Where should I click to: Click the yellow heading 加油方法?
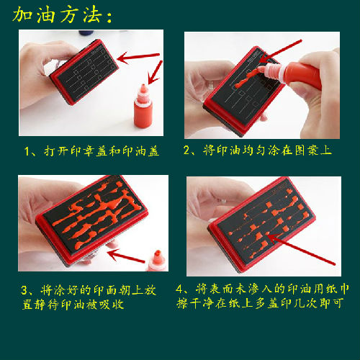click(58, 15)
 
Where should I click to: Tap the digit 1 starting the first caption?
click(27, 151)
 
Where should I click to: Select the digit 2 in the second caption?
click(187, 150)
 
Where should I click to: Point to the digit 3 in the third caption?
click(24, 290)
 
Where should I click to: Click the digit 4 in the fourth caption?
click(179, 289)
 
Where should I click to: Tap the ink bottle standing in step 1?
click(143, 106)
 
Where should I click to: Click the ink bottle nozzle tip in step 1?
click(143, 86)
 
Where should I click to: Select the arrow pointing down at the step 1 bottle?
click(155, 73)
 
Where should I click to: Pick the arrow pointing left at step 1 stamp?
click(138, 57)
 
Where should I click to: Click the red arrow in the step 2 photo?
click(280, 51)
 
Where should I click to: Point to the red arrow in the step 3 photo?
click(126, 256)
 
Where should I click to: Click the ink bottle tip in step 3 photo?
click(158, 253)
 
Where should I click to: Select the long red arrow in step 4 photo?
click(301, 249)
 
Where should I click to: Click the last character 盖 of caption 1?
click(153, 151)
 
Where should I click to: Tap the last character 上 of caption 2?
click(326, 150)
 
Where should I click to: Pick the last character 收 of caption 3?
click(118, 305)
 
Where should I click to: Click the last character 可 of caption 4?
click(338, 303)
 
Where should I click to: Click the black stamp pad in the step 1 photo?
click(88, 71)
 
